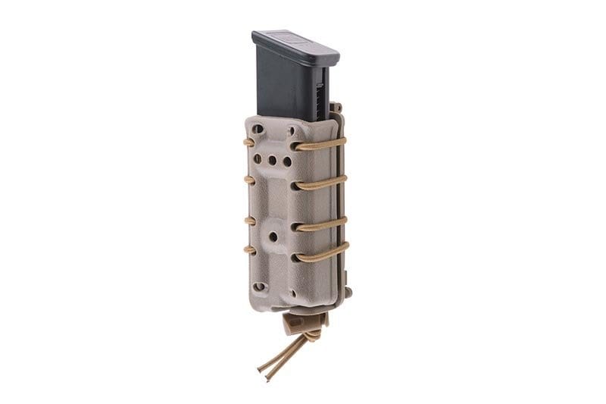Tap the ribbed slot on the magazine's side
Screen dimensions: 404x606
[x=322, y=91]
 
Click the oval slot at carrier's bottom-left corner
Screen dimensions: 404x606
[x=260, y=287]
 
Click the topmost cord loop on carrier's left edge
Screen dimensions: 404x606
[x=248, y=142]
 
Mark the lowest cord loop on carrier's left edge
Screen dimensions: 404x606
[x=248, y=249]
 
